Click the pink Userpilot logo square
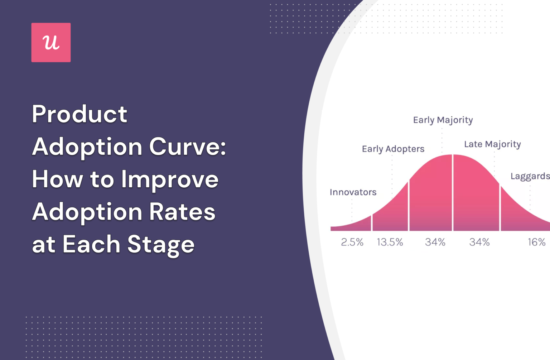51,42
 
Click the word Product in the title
79,114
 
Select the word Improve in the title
170,179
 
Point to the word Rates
182,212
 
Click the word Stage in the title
161,244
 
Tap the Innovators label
353,192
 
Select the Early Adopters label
393,149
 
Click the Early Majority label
443,120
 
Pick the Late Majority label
492,144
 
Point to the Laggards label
530,176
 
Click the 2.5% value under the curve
352,243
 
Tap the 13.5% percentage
390,243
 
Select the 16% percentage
536,243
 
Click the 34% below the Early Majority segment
435,243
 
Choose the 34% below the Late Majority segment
479,243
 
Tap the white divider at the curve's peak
453,193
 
